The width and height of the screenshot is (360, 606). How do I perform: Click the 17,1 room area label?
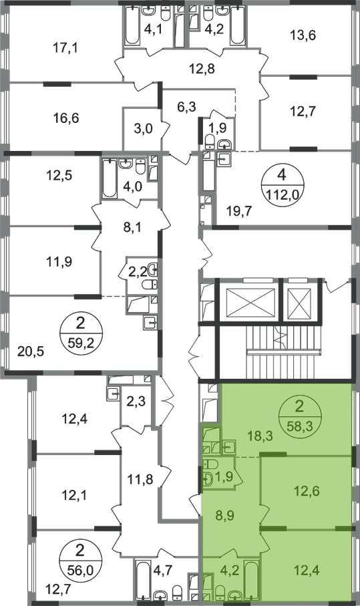coord(65,48)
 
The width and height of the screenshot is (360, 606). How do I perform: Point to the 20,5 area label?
coord(31,351)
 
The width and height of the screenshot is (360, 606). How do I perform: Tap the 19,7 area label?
coord(238,211)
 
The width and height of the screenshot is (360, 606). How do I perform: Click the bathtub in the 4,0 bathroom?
coord(109,178)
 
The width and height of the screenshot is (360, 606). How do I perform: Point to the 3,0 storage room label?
coord(144,128)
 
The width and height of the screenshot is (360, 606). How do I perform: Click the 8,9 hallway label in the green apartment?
coord(225,515)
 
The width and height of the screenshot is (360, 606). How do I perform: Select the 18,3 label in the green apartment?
coord(260,436)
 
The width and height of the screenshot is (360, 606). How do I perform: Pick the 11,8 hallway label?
coord(140,480)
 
